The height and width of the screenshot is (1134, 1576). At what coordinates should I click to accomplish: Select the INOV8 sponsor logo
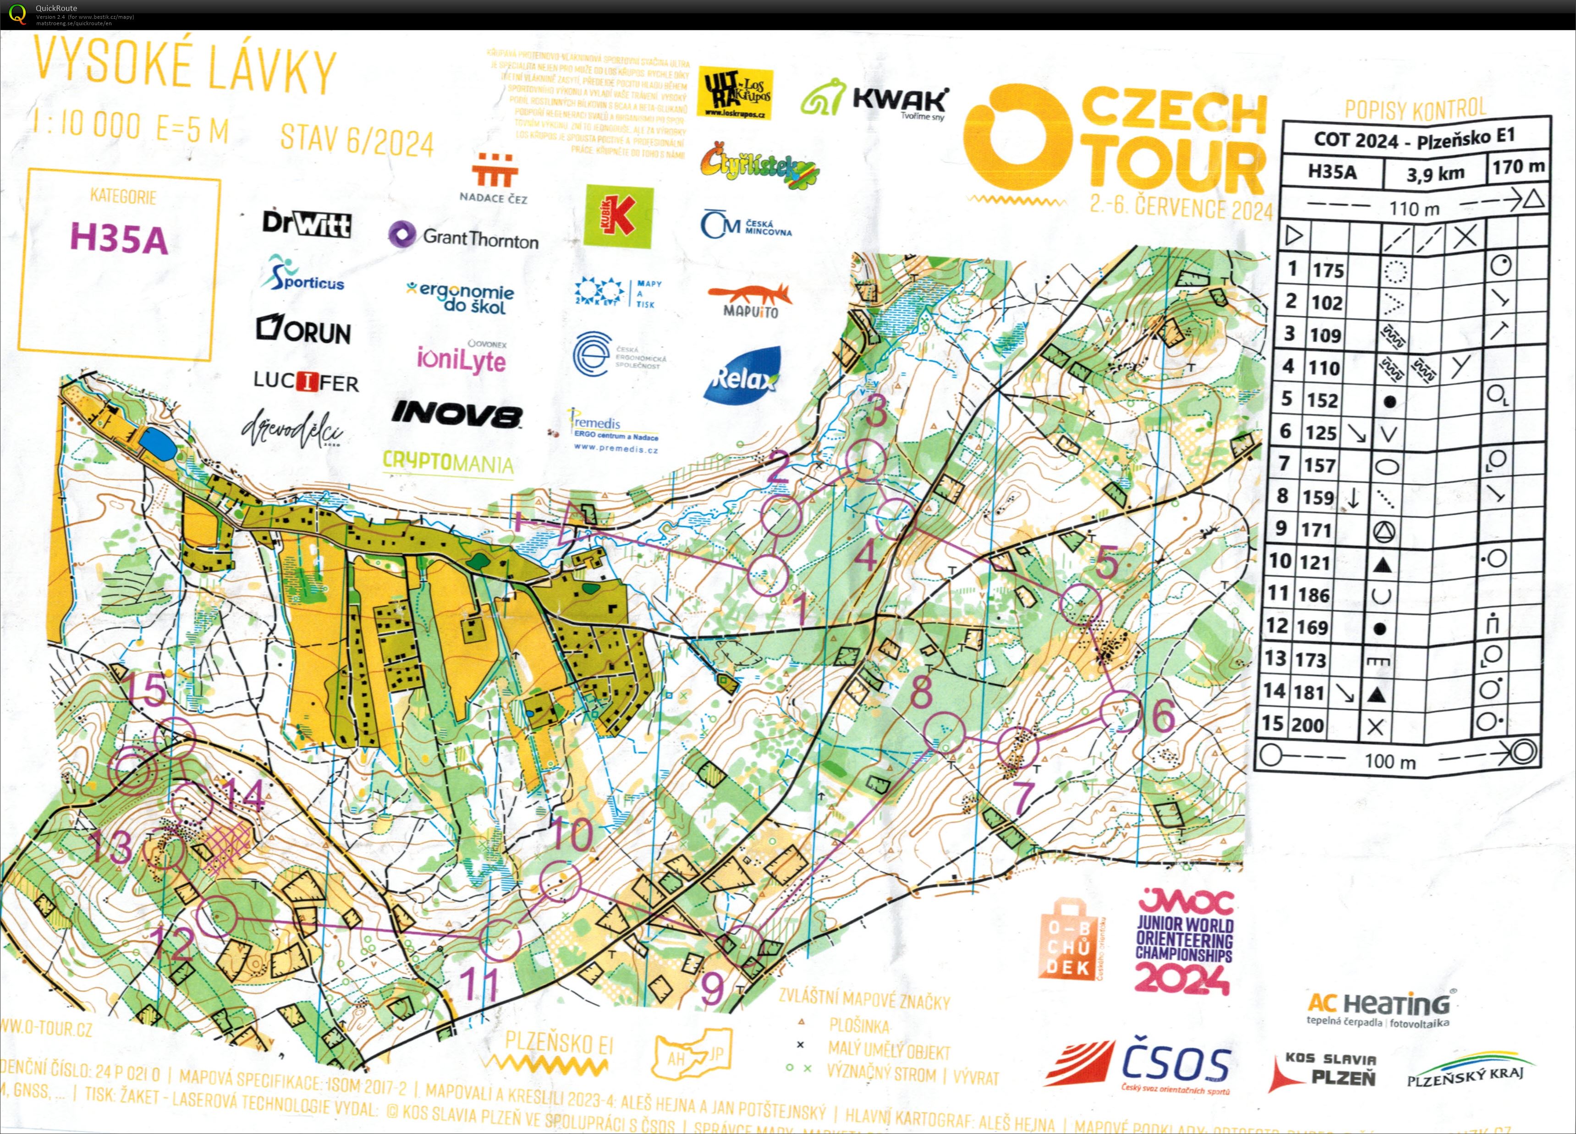point(456,414)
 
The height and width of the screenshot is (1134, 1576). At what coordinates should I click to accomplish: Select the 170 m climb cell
point(1518,167)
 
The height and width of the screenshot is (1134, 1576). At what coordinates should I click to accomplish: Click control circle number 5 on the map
point(1081,603)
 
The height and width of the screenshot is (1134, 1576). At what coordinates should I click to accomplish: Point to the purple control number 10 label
point(572,836)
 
